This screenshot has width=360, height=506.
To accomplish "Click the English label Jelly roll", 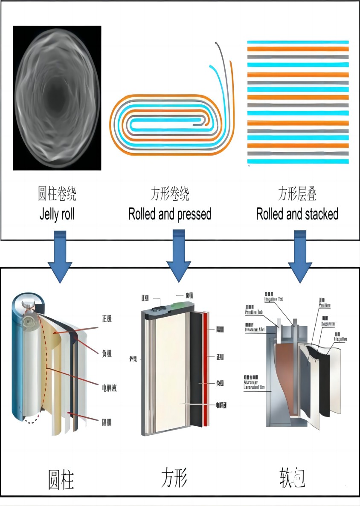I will click(x=57, y=214).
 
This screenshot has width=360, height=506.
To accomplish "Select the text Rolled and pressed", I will click(x=170, y=214).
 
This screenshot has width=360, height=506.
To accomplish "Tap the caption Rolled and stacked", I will click(x=297, y=214).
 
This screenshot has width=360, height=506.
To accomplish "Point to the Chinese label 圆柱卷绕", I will click(x=57, y=194).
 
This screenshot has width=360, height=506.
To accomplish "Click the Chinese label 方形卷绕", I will click(x=170, y=194).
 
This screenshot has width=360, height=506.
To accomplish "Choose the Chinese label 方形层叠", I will click(x=297, y=194).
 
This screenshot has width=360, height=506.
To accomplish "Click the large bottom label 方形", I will click(x=174, y=477).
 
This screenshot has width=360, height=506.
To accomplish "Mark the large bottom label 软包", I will click(x=292, y=477).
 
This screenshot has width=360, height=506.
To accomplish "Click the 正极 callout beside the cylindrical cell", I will click(x=107, y=318).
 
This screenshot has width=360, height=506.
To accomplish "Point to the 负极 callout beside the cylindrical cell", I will click(x=107, y=353).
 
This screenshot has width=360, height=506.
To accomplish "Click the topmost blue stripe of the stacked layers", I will click(x=298, y=42).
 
